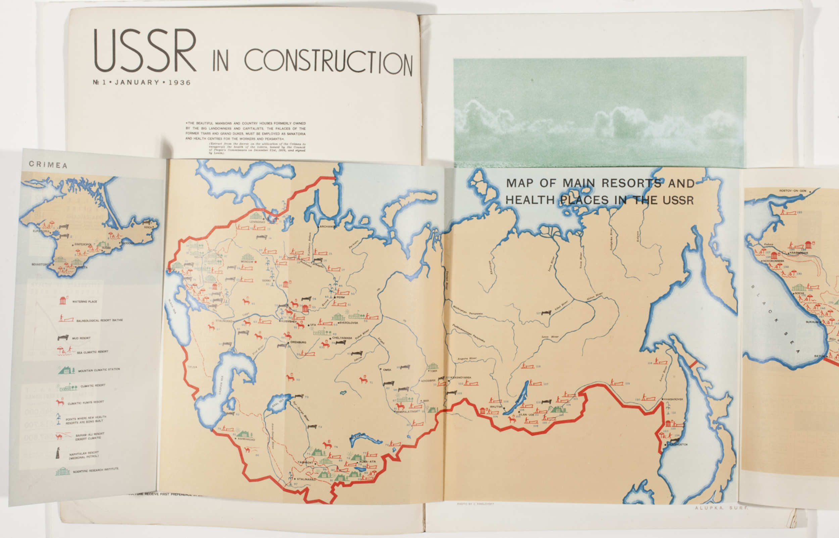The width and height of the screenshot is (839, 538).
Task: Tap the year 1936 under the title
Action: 180,83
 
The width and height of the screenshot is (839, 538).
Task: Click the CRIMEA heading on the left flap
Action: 48,165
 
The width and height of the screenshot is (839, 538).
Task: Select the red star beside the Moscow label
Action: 256,262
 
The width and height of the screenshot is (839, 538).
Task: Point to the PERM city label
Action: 340,297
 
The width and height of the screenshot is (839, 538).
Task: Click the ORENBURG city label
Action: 298,342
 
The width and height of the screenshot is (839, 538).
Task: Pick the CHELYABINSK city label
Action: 342,338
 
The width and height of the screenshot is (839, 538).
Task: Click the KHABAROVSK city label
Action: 674,399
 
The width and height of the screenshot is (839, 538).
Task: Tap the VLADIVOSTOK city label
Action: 678,445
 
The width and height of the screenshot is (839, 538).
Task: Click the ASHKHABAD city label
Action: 247,439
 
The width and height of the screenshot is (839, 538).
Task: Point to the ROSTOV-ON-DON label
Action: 793,191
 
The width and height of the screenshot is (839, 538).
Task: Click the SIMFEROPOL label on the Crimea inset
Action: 83,245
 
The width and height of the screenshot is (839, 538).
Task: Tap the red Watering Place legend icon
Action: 63,300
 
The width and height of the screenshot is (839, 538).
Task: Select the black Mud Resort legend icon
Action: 62,338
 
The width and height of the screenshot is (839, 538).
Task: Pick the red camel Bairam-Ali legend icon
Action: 59,437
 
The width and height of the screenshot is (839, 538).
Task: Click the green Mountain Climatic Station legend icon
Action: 66,370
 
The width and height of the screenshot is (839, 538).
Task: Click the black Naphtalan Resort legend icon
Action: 58,453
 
